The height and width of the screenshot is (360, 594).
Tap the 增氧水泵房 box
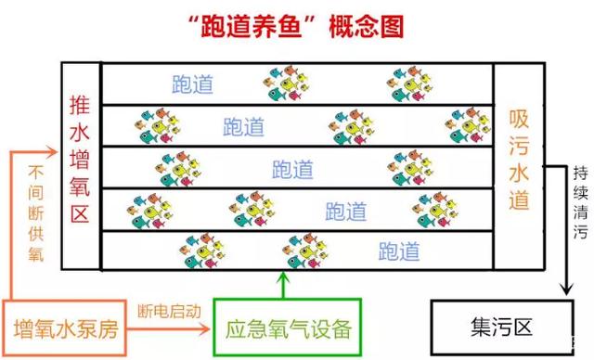point(65,328)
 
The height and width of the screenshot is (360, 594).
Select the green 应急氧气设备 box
point(283,328)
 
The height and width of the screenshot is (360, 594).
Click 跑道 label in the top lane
point(193,84)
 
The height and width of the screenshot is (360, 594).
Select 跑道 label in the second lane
point(244,126)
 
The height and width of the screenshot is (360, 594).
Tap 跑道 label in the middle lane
point(292,169)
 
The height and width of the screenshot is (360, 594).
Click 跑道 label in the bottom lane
point(399,251)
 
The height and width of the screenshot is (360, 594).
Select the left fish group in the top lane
point(288,84)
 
